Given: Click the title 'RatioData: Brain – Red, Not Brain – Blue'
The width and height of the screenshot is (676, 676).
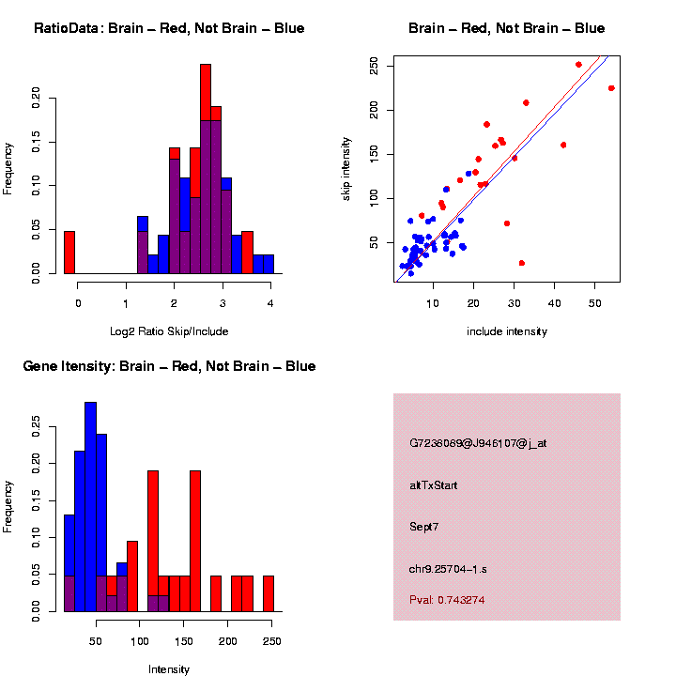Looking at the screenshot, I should click(x=169, y=28).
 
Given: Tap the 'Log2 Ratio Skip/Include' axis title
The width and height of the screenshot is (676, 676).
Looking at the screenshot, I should click(x=169, y=330).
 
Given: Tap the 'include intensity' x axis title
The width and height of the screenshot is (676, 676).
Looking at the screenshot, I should click(x=507, y=330).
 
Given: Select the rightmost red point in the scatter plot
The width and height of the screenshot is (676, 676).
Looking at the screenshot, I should click(x=611, y=88).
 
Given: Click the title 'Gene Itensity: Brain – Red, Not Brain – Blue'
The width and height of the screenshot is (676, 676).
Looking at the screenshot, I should click(x=169, y=366).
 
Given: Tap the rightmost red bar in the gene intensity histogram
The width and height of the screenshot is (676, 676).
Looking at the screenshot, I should click(x=269, y=593).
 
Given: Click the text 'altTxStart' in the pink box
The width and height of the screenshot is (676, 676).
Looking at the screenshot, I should click(x=435, y=485).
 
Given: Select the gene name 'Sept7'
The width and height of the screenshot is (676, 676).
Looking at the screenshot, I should click(x=424, y=527).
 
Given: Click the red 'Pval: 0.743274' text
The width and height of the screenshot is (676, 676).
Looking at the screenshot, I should click(x=448, y=599).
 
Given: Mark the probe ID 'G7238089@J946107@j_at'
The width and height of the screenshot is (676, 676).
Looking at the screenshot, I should click(x=478, y=443).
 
